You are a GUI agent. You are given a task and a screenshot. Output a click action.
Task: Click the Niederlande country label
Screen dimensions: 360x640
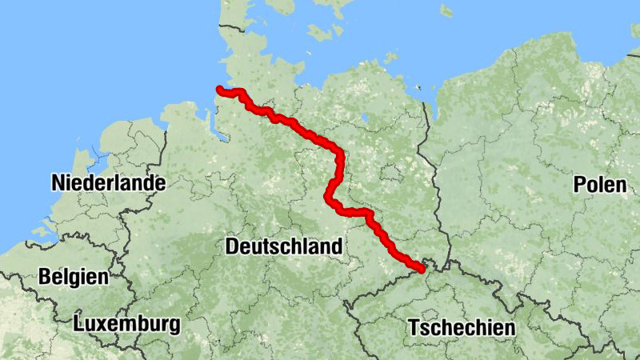pyautogui.click(x=108, y=183)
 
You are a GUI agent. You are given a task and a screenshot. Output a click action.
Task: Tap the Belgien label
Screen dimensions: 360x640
pyautogui.click(x=73, y=277)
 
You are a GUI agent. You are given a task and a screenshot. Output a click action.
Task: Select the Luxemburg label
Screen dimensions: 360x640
pyautogui.click(x=126, y=324)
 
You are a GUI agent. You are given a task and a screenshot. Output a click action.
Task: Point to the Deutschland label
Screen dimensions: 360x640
pyautogui.click(x=283, y=246)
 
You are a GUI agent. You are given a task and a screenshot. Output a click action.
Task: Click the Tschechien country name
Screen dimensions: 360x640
pyautogui.click(x=462, y=328)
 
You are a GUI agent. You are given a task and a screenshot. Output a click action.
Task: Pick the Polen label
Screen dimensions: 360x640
pyautogui.click(x=599, y=185)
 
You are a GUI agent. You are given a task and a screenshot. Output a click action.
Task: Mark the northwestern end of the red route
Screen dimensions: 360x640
pyautogui.click(x=219, y=90)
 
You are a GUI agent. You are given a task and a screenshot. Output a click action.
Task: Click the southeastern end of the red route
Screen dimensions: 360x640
pyautogui.click(x=421, y=268)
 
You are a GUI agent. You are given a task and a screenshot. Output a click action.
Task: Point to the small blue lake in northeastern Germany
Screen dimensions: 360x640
pyautogui.click(x=365, y=121)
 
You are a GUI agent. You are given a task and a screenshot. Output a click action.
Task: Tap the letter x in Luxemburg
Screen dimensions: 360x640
pyautogui.click(x=98, y=325)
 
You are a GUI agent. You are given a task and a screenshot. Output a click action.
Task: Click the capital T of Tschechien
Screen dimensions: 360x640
pyautogui.click(x=413, y=328)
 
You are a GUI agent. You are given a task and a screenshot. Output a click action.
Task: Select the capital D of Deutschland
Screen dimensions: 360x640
pyautogui.click(x=232, y=246)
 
